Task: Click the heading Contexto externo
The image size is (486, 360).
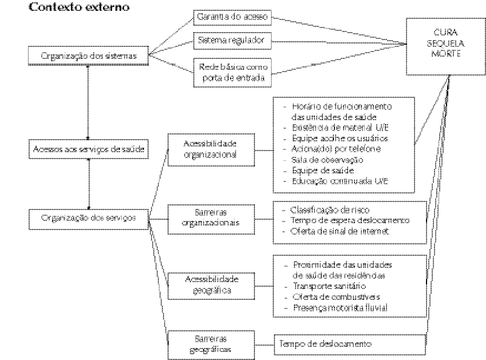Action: [x=79, y=7]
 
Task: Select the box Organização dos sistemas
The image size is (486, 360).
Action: [x=89, y=56]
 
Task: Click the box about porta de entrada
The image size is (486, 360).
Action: [x=233, y=72]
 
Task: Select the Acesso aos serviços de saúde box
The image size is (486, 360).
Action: [x=88, y=149]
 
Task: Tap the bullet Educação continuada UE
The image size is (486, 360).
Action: [x=340, y=181]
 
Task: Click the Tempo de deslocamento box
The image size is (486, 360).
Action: [x=350, y=344]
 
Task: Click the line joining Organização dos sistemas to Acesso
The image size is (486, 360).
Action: [x=88, y=103]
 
